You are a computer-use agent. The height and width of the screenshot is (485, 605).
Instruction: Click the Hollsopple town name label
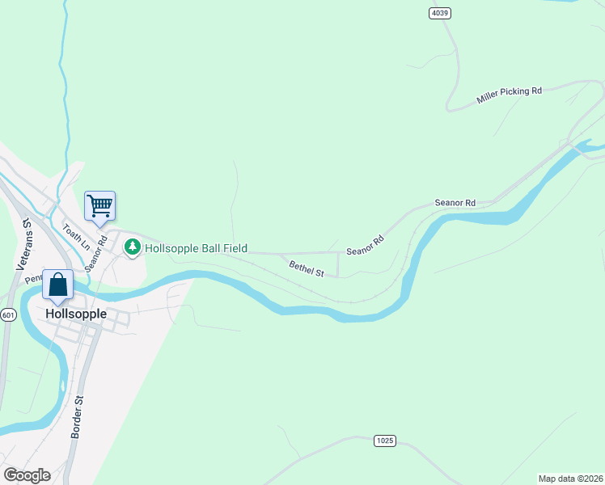(76, 314)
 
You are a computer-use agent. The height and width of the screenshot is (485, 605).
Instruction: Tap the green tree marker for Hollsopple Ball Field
(133, 248)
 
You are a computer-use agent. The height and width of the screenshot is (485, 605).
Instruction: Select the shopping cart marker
(99, 206)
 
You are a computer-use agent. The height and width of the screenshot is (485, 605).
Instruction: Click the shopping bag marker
(57, 285)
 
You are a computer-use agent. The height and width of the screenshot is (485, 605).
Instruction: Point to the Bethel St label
(307, 267)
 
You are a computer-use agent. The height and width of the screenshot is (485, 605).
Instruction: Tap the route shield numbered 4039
(439, 13)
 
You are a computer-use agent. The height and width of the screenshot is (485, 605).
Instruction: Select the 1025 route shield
(385, 441)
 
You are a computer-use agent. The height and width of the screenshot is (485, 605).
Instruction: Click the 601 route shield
(8, 315)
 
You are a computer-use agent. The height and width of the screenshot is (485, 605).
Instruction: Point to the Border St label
(78, 416)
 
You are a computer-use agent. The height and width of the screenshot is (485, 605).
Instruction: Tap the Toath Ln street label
(74, 235)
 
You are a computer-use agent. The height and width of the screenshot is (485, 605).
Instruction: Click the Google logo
(26, 475)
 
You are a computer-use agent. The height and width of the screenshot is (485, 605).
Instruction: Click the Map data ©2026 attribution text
(570, 479)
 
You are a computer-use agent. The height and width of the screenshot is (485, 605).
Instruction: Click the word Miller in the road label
(488, 97)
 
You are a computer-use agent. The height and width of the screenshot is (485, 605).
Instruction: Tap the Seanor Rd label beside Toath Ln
(96, 253)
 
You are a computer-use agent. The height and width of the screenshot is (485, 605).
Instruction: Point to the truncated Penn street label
(33, 279)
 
